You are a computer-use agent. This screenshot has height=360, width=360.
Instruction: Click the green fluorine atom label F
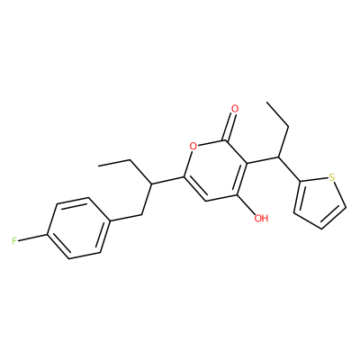14,241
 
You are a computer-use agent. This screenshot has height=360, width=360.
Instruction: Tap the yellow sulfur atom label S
331,177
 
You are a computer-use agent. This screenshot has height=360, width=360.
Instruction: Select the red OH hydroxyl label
261,218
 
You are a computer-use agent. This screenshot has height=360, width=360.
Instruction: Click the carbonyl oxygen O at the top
235,108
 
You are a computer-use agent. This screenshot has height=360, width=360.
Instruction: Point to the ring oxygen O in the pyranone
193,147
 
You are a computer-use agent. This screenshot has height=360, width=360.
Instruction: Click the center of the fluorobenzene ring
77,228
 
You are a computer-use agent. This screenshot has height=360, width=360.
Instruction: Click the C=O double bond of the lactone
231,124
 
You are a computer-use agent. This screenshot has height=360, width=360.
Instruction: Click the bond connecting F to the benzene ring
33,238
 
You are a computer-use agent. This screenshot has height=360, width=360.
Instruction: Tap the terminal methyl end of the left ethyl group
99,165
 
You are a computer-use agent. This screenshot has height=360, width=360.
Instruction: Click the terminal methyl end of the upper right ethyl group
267,103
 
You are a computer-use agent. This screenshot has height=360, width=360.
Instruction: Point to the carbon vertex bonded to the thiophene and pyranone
279,157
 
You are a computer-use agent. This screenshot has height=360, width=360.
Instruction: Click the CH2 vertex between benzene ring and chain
141,214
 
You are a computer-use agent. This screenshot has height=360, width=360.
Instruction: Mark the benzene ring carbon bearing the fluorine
48,234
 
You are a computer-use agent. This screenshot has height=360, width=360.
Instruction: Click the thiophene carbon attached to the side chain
301,181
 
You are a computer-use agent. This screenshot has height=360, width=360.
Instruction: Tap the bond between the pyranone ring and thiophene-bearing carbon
263,160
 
